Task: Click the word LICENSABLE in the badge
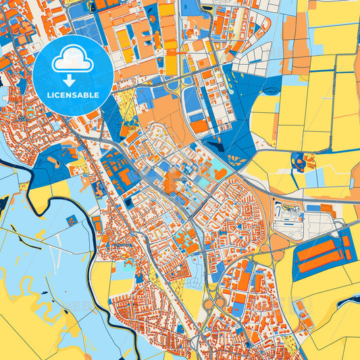(74, 95)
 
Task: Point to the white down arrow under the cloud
(74, 80)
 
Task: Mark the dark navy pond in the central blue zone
(216, 143)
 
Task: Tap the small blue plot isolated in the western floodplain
(70, 221)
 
